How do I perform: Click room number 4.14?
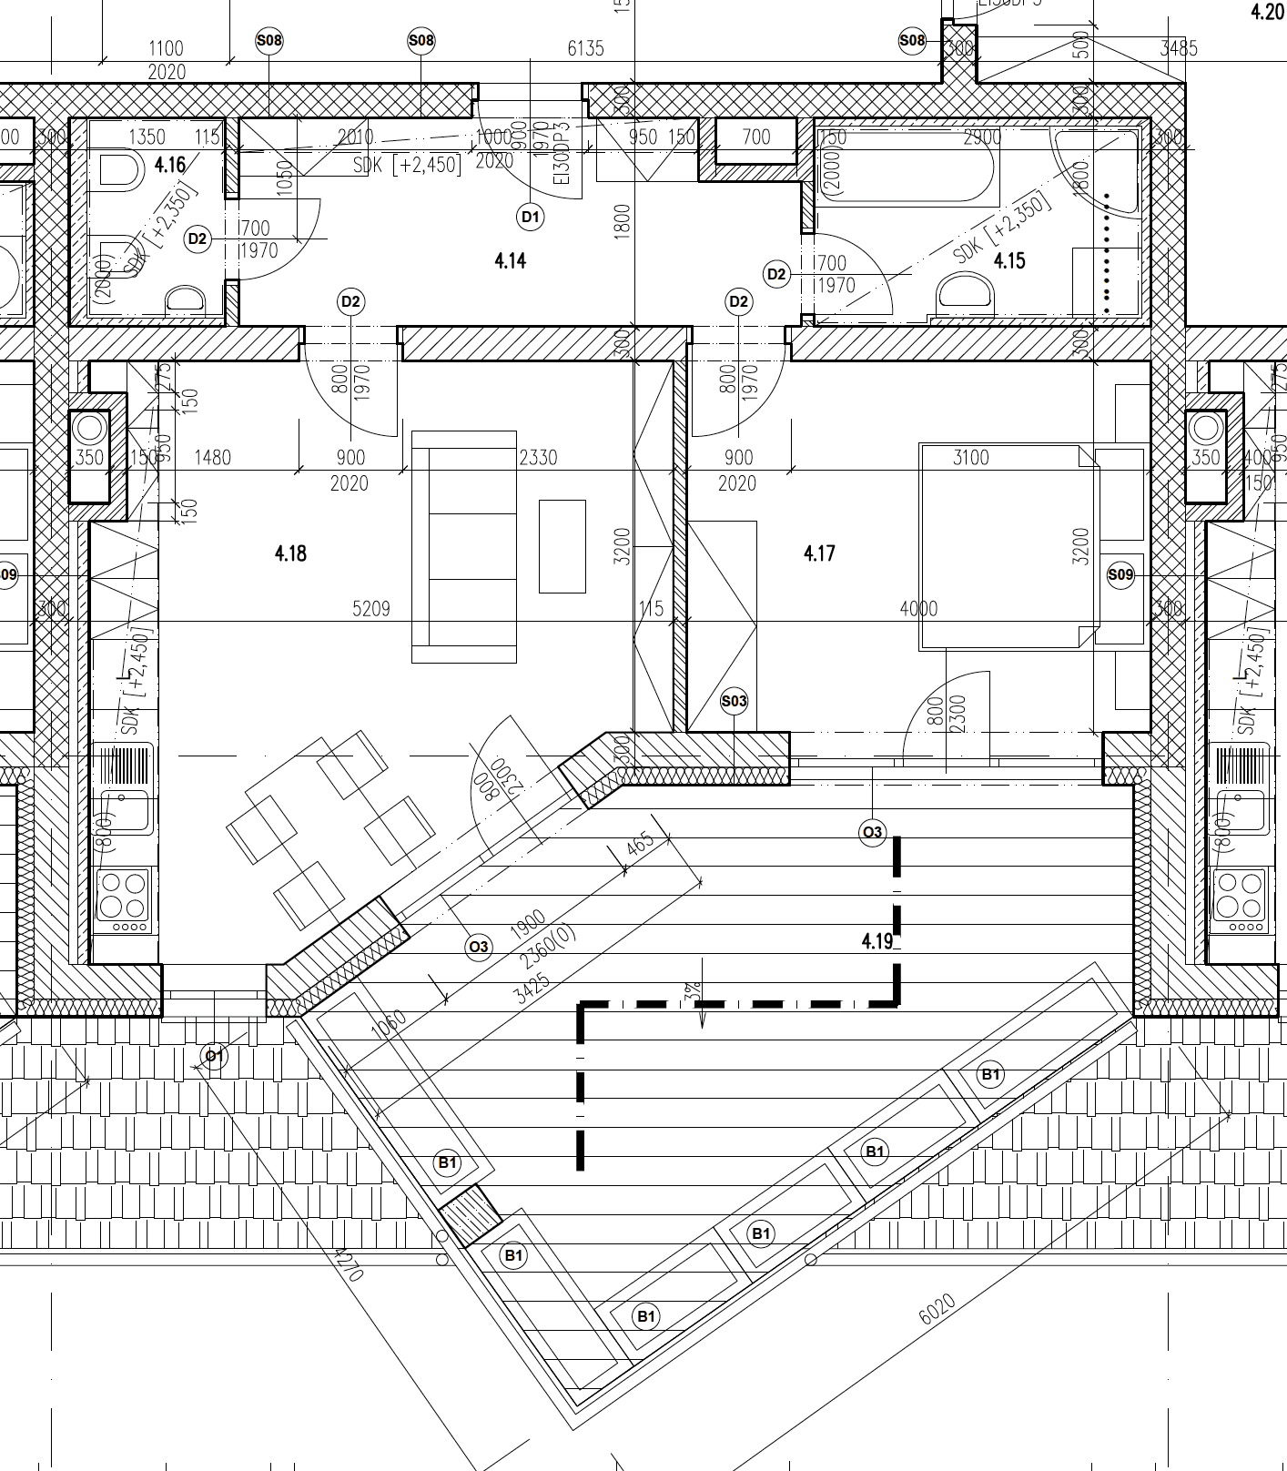click(510, 261)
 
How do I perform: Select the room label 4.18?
click(290, 553)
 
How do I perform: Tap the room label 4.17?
click(819, 553)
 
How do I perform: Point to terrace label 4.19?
click(877, 941)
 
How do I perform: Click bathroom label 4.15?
click(1009, 261)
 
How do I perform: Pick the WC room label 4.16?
click(170, 165)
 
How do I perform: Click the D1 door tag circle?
click(531, 217)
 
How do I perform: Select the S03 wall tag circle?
click(734, 701)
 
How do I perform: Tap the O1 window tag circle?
click(214, 1056)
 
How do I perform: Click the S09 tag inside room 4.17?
click(1120, 574)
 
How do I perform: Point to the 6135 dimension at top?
click(585, 48)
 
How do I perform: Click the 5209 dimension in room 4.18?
click(371, 609)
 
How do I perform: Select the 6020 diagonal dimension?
click(937, 1310)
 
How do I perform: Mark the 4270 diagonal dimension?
click(349, 1264)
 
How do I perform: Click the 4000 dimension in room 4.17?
click(917, 609)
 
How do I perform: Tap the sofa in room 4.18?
click(464, 546)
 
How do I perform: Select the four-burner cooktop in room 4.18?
click(123, 896)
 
